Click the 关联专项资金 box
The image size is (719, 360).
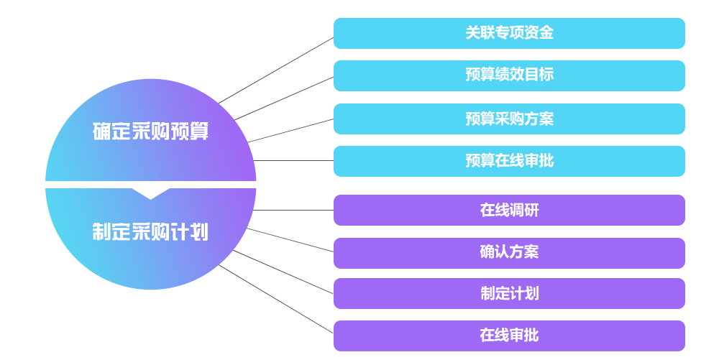click(x=509, y=33)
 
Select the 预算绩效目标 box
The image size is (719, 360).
click(x=509, y=75)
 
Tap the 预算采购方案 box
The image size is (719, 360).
click(x=509, y=119)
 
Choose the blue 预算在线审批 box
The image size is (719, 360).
click(x=509, y=161)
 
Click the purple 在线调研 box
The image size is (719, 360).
click(x=509, y=210)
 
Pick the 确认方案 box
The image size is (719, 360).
click(x=509, y=252)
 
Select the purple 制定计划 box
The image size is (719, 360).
click(x=509, y=293)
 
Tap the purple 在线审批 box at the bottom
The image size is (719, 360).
click(x=509, y=336)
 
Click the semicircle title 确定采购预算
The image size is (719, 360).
click(x=150, y=131)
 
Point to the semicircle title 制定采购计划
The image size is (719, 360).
click(x=150, y=231)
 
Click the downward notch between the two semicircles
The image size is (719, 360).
click(x=151, y=193)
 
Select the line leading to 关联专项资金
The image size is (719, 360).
click(x=276, y=70)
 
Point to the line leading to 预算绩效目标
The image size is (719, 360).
click(x=284, y=98)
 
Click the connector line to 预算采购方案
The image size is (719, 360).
click(x=291, y=130)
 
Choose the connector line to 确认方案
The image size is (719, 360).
click(x=290, y=240)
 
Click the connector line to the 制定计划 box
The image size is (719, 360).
click(x=283, y=272)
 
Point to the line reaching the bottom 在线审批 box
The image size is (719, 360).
click(x=276, y=299)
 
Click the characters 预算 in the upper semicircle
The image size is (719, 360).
click(x=190, y=131)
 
